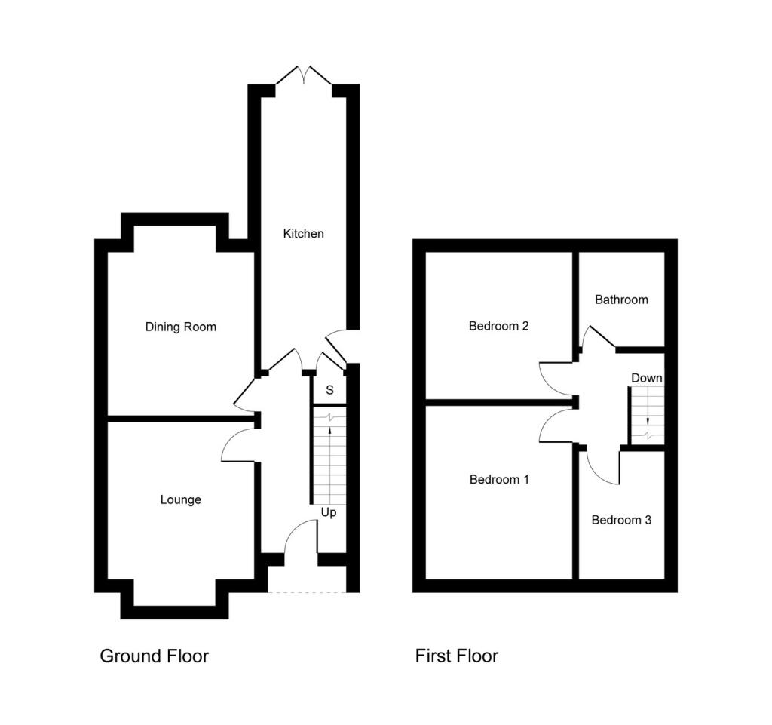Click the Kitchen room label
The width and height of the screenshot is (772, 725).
[303, 234]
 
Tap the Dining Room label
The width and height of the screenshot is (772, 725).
[180, 327]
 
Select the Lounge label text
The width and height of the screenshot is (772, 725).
[180, 499]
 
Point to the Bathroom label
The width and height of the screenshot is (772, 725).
[621, 300]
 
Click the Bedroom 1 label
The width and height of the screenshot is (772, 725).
[499, 479]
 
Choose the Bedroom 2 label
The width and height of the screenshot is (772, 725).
[498, 326]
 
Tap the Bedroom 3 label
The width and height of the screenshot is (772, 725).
[621, 520]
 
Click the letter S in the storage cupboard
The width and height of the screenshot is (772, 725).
[329, 390]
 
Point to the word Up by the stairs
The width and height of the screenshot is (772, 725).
[329, 512]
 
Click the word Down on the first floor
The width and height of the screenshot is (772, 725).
[647, 378]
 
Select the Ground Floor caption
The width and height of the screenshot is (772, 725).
[154, 656]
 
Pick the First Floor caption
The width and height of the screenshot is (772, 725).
[456, 656]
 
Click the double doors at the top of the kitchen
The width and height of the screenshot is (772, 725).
[304, 75]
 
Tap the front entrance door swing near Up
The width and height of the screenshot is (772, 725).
[302, 536]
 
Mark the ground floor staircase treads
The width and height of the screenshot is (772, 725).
[329, 460]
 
